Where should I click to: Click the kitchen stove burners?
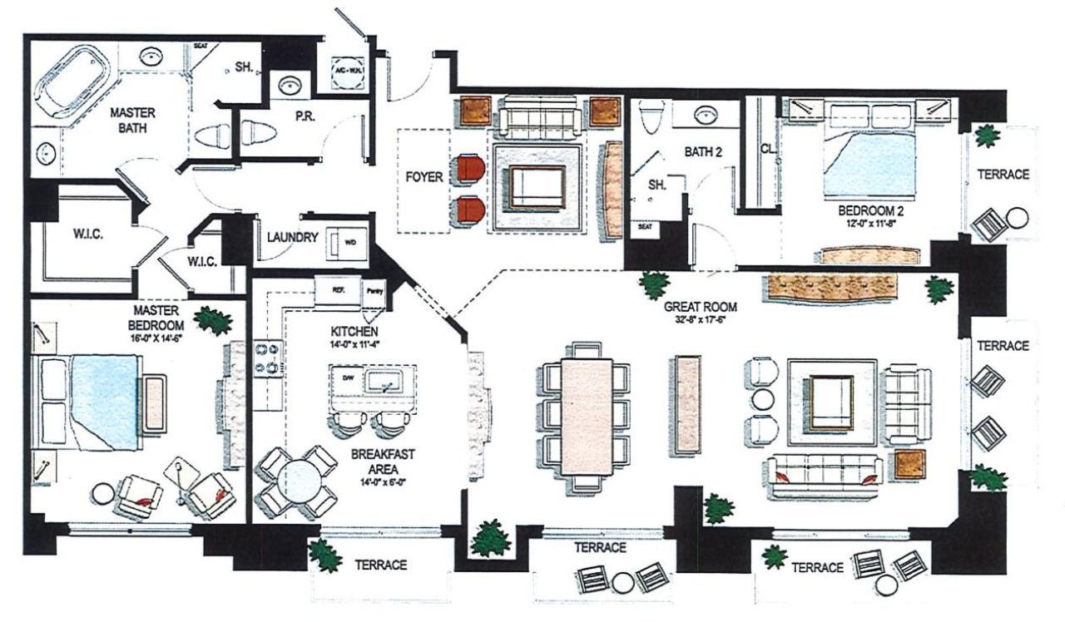[x=270, y=358]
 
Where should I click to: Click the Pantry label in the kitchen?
[x=374, y=293]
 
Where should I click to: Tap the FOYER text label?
[x=424, y=177]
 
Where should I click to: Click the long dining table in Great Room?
[x=586, y=415]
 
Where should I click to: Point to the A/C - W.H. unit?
[x=347, y=71]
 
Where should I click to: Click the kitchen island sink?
[x=384, y=382]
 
